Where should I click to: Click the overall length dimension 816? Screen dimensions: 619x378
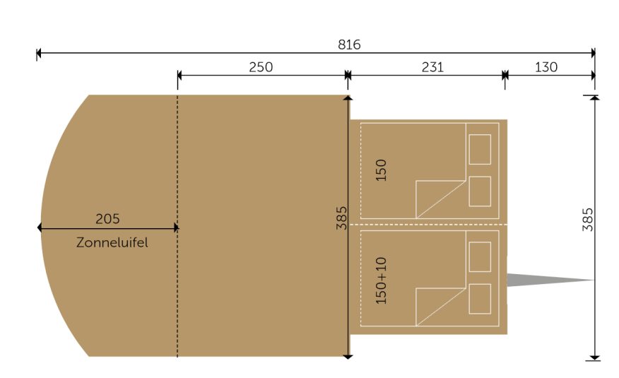[349, 45]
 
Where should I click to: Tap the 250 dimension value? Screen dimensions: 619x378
[261, 67]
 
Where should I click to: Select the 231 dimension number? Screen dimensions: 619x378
[432, 67]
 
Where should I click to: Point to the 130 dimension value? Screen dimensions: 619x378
[546, 67]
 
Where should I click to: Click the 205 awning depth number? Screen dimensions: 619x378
[107, 218]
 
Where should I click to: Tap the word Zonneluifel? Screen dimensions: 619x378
[112, 242]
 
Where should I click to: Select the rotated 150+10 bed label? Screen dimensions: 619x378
[381, 280]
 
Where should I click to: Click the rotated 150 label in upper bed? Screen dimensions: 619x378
[381, 170]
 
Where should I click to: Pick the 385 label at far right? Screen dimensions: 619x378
[587, 220]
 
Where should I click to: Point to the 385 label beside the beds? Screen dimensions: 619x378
[341, 218]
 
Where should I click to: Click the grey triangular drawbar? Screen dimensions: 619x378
[550, 280]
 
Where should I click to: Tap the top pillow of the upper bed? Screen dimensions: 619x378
[480, 149]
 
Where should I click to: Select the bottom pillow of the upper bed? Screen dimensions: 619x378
[480, 191]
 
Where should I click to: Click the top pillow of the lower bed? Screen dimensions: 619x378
[480, 257]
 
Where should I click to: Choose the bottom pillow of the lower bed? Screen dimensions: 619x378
[480, 299]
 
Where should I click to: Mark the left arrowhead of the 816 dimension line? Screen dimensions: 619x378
[39, 52]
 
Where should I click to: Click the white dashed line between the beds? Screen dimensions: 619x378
[428, 225]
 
